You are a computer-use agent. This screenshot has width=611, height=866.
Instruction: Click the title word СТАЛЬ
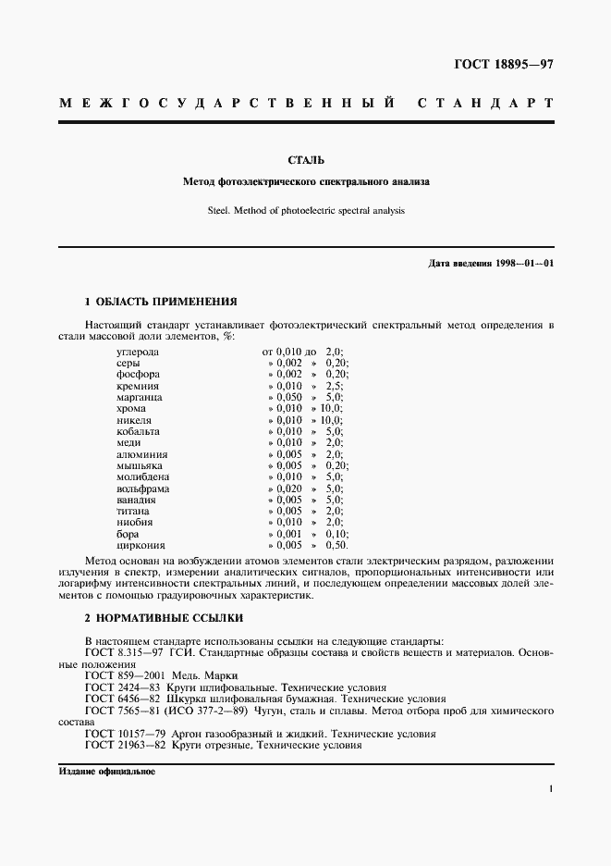click(305, 160)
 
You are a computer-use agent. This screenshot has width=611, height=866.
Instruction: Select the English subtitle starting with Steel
click(305, 210)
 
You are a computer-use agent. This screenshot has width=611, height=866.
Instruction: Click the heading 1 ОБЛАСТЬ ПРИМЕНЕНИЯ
click(161, 302)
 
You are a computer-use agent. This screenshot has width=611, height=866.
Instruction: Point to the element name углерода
click(138, 352)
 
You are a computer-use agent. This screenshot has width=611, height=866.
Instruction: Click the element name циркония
click(139, 545)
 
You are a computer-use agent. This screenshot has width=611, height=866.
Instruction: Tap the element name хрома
click(131, 408)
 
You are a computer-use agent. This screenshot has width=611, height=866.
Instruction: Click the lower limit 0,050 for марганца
click(289, 397)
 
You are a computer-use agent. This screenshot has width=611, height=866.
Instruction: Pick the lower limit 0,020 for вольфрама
click(289, 488)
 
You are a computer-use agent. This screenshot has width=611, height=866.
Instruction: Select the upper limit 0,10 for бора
click(336, 534)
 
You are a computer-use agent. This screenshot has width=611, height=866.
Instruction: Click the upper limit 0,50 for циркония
click(336, 545)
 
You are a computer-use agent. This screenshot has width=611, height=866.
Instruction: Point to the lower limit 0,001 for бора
click(289, 534)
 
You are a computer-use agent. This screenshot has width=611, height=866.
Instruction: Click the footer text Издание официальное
click(106, 771)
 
